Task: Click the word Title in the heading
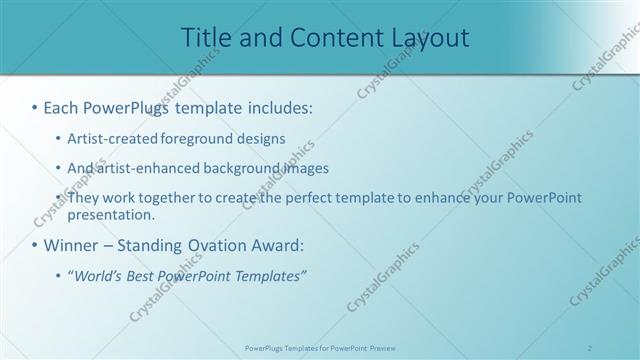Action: (203, 38)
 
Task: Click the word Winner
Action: (74, 245)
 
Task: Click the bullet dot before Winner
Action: (35, 245)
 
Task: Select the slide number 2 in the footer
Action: (590, 347)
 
